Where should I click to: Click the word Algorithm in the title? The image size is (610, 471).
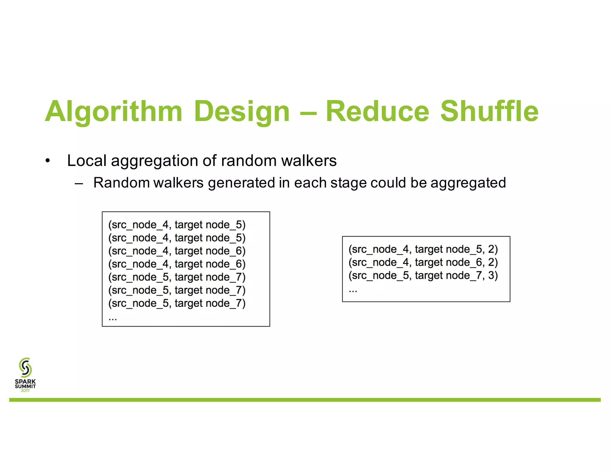(113, 112)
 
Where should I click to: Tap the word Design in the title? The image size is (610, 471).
(242, 112)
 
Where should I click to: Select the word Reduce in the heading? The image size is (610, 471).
(377, 112)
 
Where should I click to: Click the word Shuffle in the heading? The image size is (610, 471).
(489, 112)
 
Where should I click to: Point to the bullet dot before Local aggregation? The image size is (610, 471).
(48, 161)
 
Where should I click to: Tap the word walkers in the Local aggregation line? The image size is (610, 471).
(309, 161)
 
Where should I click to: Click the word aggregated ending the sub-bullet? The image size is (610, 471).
(468, 183)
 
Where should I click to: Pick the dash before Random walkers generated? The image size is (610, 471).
(79, 183)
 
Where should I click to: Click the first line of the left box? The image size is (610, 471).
(177, 225)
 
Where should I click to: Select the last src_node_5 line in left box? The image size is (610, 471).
(177, 303)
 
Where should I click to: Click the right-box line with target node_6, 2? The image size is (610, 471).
(423, 262)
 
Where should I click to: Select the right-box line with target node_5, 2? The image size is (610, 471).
(423, 249)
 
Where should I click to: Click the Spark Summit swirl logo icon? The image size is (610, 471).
(25, 367)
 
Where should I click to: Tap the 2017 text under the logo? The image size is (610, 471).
(25, 391)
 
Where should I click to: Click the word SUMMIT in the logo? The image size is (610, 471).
(25, 386)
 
